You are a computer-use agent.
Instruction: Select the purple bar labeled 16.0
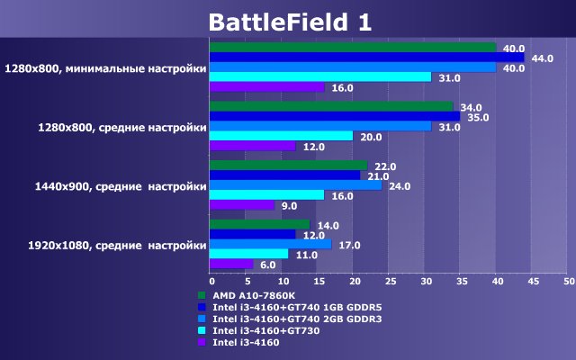(266, 87)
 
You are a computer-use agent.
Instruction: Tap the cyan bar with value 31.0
(320, 77)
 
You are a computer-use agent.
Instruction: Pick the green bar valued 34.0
(331, 107)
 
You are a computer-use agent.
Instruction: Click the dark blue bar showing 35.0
(335, 117)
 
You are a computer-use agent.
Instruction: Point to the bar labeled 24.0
(295, 185)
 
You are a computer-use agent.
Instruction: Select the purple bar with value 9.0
(241, 205)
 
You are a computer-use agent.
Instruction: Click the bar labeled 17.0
(270, 244)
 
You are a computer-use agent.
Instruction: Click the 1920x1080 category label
(104, 245)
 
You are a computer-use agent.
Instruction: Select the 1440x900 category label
(109, 185)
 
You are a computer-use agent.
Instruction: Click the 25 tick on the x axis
(389, 281)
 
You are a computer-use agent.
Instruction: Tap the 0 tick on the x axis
(210, 281)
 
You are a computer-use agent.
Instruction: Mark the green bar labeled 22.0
(288, 166)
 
